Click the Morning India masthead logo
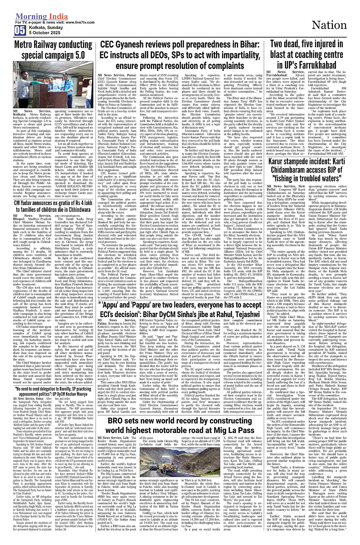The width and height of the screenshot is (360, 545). (x=42, y=17)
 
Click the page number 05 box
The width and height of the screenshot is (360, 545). (x=20, y=30)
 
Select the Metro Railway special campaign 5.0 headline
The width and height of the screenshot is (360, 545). (x=53, y=50)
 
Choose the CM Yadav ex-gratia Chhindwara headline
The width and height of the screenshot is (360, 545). (x=53, y=206)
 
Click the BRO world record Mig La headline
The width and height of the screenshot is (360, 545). (x=181, y=425)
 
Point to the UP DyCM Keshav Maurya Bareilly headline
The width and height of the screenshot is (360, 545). (x=53, y=391)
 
